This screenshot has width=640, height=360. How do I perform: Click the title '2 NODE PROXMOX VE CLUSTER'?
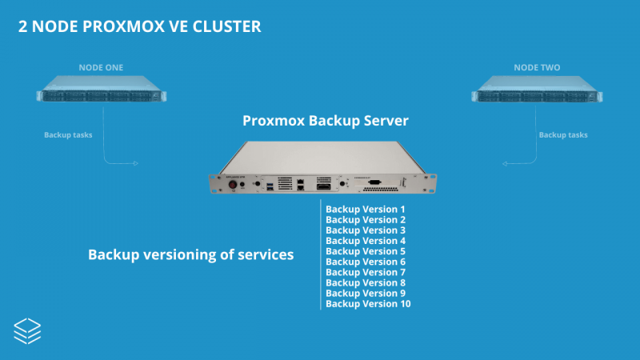coord(139,26)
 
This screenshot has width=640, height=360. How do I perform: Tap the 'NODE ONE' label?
coord(101,67)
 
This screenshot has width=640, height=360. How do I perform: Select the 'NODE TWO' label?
coord(538,67)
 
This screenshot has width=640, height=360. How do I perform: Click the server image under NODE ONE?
coord(101,90)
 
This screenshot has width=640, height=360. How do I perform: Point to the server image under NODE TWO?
coord(538,90)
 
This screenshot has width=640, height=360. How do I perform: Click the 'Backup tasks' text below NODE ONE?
coord(68,134)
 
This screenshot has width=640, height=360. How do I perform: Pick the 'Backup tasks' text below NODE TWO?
coord(563,134)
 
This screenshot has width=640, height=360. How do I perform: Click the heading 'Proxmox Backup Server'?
coord(326,121)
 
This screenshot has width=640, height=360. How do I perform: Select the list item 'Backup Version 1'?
coord(366,209)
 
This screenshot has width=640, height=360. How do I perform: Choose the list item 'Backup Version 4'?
coord(366,241)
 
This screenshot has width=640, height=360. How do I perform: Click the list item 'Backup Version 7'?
coord(366,272)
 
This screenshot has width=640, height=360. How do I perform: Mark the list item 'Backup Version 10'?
coord(368,304)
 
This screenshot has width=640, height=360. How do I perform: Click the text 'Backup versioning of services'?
coord(190,254)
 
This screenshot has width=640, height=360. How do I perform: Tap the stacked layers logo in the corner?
coord(28,330)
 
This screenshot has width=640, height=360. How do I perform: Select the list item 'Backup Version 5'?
coord(366,251)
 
